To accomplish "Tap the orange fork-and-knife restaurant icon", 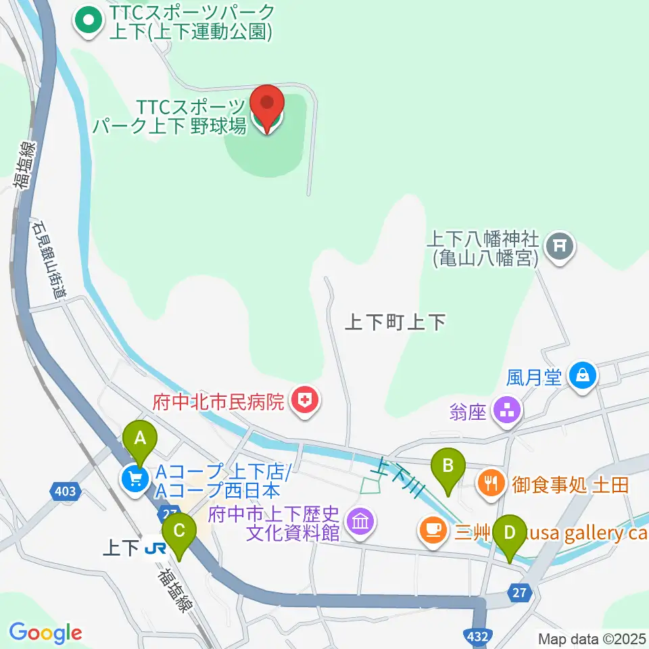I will pyautogui.click(x=490, y=483).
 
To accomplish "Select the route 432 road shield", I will pyautogui.click(x=476, y=635).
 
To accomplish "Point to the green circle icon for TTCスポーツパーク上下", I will pyautogui.click(x=87, y=21).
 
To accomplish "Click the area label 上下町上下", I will pyautogui.click(x=395, y=322).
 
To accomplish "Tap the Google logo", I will pyautogui.click(x=45, y=633).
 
